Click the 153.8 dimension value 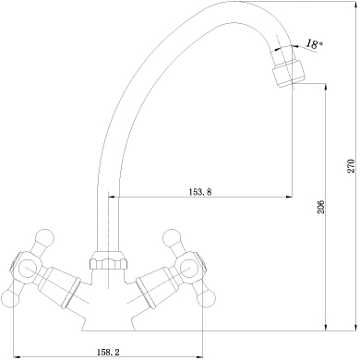[x=200, y=192]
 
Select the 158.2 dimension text [x=108, y=352]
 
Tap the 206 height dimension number [x=320, y=207]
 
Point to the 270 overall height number [x=351, y=166]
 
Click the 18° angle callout [x=314, y=44]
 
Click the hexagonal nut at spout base [x=109, y=263]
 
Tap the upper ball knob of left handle [x=44, y=237]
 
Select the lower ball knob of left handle [x=8, y=298]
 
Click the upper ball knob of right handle [x=173, y=237]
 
